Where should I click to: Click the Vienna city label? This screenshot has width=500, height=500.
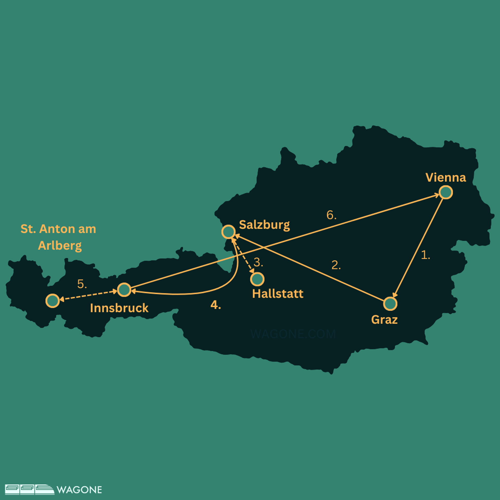tap(446, 178)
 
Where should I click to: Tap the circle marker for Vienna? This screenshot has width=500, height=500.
tap(446, 192)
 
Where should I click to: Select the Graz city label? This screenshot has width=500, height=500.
tap(384, 320)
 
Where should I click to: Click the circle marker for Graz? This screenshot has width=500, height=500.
tap(390, 304)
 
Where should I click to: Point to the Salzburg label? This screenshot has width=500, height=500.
tap(264, 225)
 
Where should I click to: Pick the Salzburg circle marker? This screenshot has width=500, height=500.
tap(228, 232)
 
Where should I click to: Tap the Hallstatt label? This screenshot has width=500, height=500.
tap(278, 294)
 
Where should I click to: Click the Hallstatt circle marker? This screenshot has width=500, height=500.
tap(257, 279)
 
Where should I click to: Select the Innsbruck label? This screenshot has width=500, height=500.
tap(119, 308)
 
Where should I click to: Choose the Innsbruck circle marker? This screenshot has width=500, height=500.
tap(124, 290)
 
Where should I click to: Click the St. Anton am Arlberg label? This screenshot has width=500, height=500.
tap(59, 237)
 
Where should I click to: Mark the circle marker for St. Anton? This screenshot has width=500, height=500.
tap(53, 301)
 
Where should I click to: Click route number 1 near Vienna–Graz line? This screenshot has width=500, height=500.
tap(425, 255)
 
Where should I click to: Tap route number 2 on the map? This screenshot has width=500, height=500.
tap(336, 265)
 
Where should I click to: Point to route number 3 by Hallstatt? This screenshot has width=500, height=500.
tap(258, 262)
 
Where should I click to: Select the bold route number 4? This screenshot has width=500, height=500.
tap(216, 305)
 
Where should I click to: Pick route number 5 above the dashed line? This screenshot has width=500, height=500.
tap(82, 284)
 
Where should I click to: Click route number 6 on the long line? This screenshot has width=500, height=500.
tap(331, 215)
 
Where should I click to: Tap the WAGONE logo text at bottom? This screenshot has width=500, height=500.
tap(79, 490)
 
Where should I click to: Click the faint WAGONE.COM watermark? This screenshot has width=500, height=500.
tap(293, 334)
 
